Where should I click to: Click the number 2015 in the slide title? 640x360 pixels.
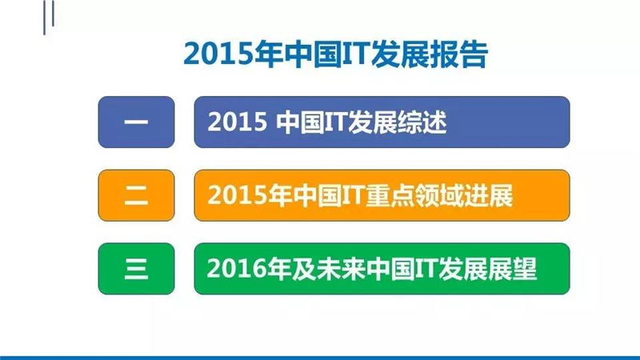point(218,54)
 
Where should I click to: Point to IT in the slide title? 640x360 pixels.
point(354,54)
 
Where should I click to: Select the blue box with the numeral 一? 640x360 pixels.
point(136,122)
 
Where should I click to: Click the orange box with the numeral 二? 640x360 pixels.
point(136,195)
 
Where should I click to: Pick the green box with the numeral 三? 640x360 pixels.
point(136,269)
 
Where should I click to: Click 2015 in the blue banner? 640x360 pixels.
point(237,122)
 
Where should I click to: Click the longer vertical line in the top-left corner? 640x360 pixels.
point(45,18)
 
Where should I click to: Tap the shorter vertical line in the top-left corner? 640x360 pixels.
point(53,13)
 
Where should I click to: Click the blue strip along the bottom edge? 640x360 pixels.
point(320,358)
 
